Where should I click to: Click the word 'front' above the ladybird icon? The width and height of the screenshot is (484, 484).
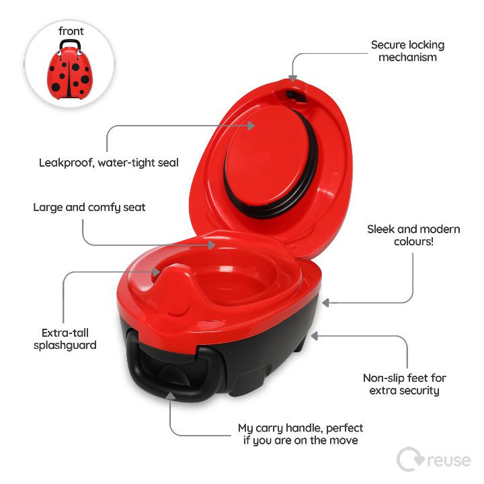click(x=71, y=31)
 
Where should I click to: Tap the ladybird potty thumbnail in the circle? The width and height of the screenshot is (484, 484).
click(x=70, y=70)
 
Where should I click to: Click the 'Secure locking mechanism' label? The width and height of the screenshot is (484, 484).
click(x=407, y=51)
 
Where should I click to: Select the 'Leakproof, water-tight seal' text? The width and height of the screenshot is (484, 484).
click(x=109, y=163)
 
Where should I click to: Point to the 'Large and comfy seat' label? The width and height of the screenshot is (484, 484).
click(x=89, y=208)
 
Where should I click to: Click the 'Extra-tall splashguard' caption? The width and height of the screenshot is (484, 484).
click(x=65, y=339)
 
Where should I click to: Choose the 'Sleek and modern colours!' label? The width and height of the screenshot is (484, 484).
click(x=413, y=235)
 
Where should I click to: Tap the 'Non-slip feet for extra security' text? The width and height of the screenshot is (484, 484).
click(x=405, y=385)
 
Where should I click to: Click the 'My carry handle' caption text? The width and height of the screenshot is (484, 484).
click(x=300, y=434)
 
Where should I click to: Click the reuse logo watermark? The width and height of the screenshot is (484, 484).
click(x=434, y=460)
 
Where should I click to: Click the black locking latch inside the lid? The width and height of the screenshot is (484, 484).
click(x=295, y=96)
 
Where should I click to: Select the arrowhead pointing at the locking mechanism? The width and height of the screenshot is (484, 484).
click(x=292, y=79)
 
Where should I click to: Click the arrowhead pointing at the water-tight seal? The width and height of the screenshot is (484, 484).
click(x=251, y=126)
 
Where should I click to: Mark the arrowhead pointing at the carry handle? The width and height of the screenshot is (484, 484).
click(x=170, y=396)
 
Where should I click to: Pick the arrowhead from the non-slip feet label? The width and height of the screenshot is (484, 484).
click(x=314, y=336)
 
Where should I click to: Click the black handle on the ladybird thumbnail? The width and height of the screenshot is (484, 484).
click(x=70, y=44)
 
